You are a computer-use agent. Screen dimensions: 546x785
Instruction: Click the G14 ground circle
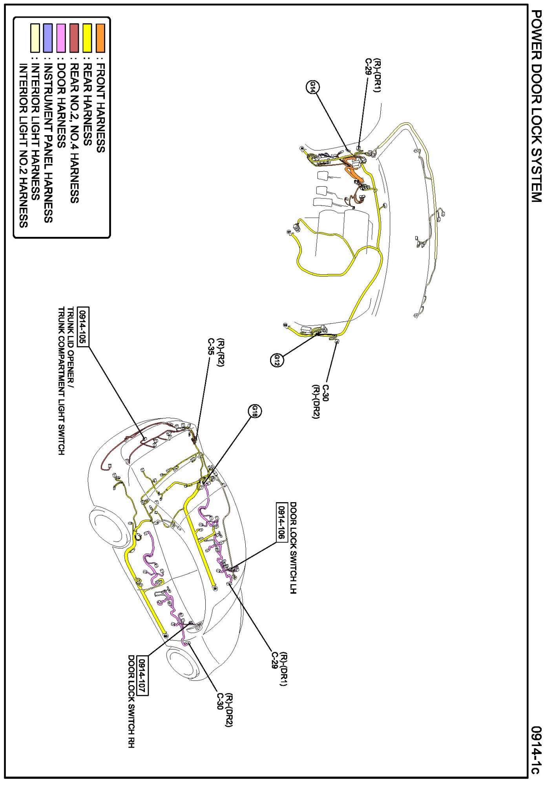pyautogui.click(x=312, y=87)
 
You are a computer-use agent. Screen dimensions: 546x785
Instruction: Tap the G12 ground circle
pyautogui.click(x=277, y=359)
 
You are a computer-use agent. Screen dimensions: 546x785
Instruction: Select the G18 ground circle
pyautogui.click(x=255, y=411)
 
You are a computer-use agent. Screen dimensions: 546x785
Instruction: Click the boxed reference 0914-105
pyautogui.click(x=83, y=326)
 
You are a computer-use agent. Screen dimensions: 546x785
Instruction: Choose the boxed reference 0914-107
pyautogui.click(x=142, y=675)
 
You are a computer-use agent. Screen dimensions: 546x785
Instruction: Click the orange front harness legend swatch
pyautogui.click(x=100, y=38)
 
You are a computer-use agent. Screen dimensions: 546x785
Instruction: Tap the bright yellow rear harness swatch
pyautogui.click(x=87, y=38)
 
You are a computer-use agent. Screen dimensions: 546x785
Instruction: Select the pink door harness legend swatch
pyautogui.click(x=61, y=38)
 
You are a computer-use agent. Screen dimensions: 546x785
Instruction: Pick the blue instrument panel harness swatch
pyautogui.click(x=47, y=38)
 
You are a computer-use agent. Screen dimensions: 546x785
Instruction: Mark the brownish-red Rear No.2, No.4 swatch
pyautogui.click(x=74, y=38)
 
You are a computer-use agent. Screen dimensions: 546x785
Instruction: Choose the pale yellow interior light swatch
pyautogui.click(x=35, y=38)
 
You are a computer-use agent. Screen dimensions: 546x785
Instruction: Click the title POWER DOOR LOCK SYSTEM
pyautogui.click(x=536, y=106)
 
